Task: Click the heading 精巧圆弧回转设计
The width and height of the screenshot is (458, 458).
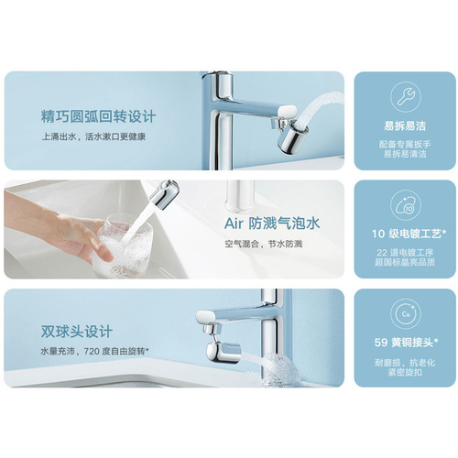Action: pyautogui.click(x=98, y=116)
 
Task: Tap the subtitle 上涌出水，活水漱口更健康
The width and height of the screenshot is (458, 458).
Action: pyautogui.click(x=93, y=136)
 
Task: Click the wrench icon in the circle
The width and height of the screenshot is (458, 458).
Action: pyautogui.click(x=405, y=96)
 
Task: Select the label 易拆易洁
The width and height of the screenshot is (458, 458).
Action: pyautogui.click(x=405, y=125)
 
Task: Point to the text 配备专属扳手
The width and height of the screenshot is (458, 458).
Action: pyautogui.click(x=405, y=144)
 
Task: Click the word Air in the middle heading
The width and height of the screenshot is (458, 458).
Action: pyautogui.click(x=234, y=224)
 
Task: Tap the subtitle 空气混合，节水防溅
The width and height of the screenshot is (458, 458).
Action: pyautogui.click(x=264, y=244)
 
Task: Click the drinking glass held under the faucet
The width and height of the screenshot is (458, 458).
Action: pyautogui.click(x=125, y=245)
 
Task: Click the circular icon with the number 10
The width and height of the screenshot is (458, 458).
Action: pyautogui.click(x=406, y=205)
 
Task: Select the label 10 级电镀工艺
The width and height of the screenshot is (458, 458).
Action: pyautogui.click(x=409, y=234)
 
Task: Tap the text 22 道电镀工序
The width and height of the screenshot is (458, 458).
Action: pyautogui.click(x=405, y=253)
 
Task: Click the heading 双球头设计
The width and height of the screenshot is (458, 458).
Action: pyautogui.click(x=77, y=332)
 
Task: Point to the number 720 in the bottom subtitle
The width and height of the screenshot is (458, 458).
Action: pyautogui.click(x=92, y=352)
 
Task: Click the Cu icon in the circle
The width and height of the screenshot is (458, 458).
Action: pyautogui.click(x=406, y=314)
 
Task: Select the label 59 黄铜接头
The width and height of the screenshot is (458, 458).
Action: pyautogui.click(x=407, y=343)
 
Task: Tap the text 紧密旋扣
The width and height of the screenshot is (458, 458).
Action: pyautogui.click(x=405, y=372)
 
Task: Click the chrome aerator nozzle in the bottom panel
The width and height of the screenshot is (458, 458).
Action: pyautogui.click(x=224, y=352)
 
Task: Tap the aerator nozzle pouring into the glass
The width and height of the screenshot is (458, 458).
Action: pyautogui.click(x=164, y=194)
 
